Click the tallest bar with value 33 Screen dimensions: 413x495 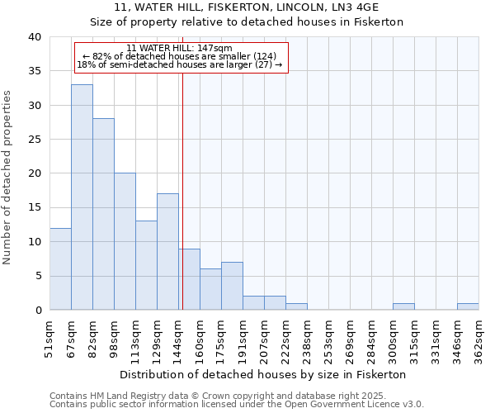coord(82,197)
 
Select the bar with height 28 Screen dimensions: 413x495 coord(103,214)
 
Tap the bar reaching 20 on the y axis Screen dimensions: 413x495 coord(125,241)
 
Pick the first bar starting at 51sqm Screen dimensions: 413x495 coord(60,268)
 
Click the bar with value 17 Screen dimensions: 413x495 coord(167,252)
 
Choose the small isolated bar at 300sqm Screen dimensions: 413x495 coord(403,306)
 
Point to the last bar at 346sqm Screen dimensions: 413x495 coord(468,306)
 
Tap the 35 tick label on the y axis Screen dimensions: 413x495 coord(34,71)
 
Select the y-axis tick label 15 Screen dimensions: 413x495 coord(34,207)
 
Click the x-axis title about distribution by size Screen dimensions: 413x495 coord(263,374)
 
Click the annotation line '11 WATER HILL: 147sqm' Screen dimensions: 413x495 coord(181,49)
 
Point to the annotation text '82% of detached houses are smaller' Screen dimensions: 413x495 coord(181,56)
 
